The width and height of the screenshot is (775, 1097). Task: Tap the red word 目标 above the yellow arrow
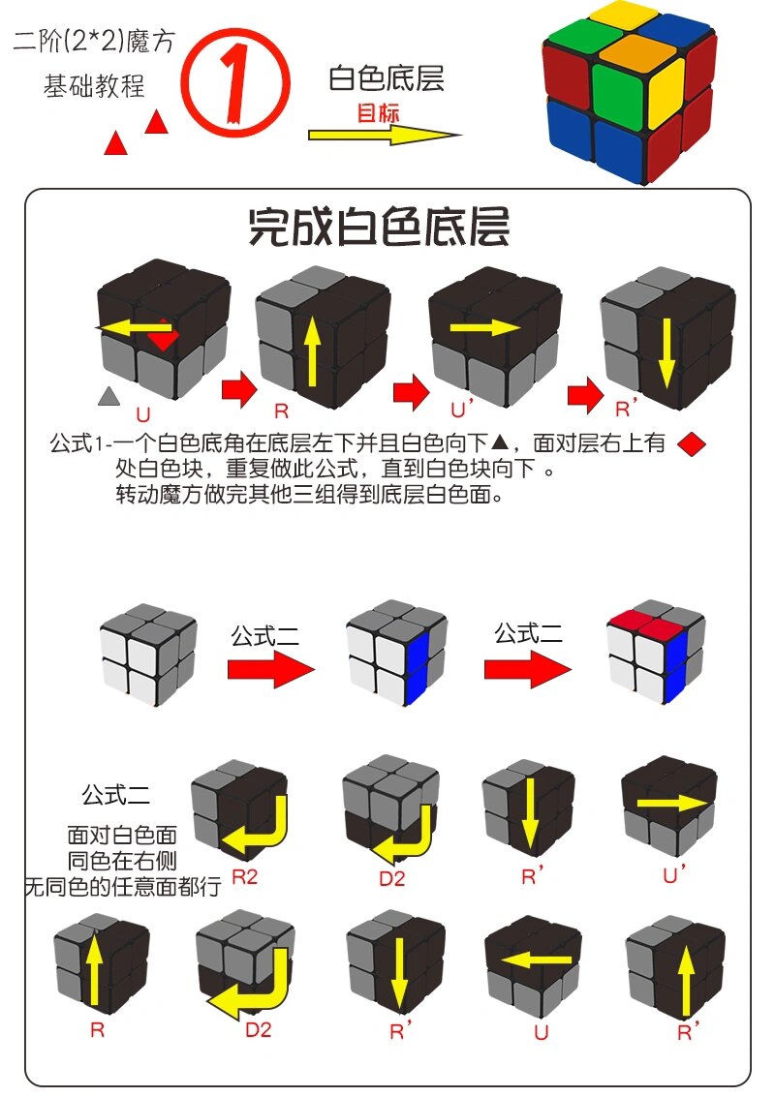[x=378, y=112]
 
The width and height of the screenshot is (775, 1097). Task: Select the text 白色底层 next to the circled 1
[x=387, y=77]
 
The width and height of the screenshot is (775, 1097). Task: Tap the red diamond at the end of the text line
[x=691, y=444]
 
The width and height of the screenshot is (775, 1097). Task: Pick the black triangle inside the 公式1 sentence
[x=500, y=443]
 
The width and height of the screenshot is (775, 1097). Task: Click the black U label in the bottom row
[x=541, y=1032]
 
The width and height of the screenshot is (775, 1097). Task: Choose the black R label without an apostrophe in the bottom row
[x=97, y=1030]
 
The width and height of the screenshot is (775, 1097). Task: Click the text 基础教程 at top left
[x=94, y=86]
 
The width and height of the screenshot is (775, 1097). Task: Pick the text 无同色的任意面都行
[x=123, y=884]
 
